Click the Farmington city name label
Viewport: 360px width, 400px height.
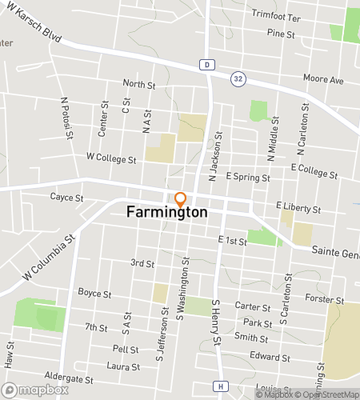(x=167, y=214)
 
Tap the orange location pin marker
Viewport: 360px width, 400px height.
(x=181, y=199)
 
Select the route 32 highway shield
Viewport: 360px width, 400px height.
(x=238, y=78)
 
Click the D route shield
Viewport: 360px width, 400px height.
(x=206, y=64)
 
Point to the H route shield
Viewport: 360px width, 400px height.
(x=219, y=386)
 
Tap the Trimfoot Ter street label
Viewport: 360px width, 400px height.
(x=275, y=16)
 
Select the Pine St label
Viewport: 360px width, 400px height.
(x=282, y=34)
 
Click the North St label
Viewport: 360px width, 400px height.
(x=138, y=83)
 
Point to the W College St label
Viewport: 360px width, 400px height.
(x=111, y=159)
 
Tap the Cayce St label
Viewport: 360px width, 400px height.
(x=66, y=197)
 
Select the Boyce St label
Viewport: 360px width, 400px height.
(x=94, y=294)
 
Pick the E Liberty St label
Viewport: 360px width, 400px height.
(x=298, y=206)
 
